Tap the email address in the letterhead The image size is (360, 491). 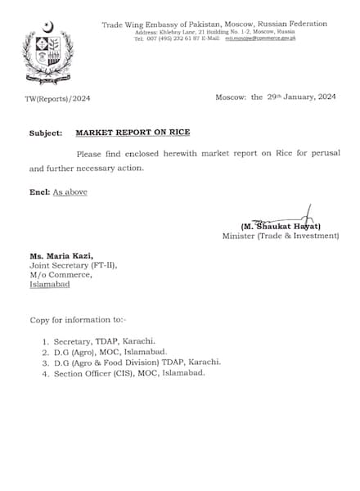point(261,38)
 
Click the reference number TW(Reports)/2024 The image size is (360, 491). point(57,97)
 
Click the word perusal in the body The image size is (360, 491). point(299,153)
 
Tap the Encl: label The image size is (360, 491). point(38,191)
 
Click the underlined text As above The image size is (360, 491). point(70,191)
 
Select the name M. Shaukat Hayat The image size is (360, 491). point(281,225)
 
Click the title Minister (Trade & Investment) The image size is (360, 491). point(280,236)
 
